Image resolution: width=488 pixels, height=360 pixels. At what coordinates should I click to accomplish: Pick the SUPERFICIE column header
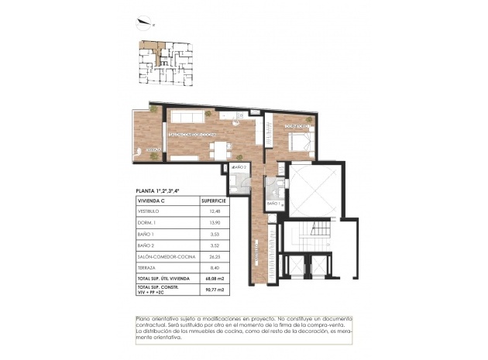213,199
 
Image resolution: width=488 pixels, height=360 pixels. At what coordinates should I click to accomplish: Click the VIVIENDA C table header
153,199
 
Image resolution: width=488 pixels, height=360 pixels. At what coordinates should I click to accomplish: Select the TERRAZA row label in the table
147,267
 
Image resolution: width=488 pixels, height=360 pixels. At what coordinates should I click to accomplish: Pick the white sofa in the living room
188,116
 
